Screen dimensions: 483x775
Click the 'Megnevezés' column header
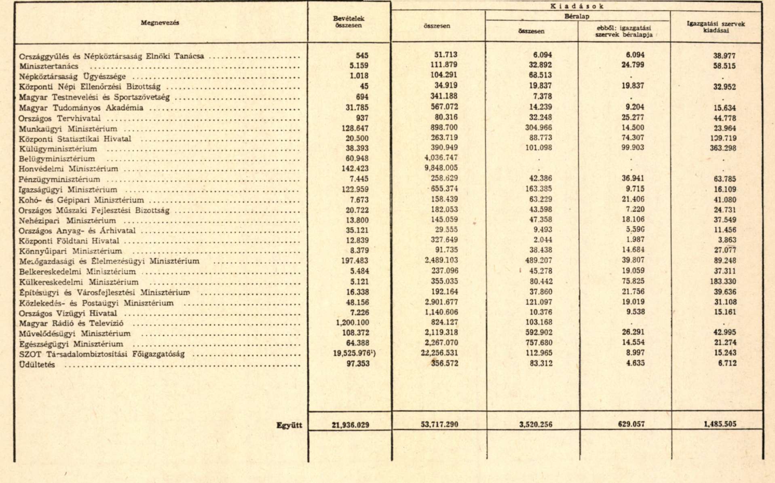click(160, 23)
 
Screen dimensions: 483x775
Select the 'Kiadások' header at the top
click(577, 6)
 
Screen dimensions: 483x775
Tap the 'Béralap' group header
click(577, 17)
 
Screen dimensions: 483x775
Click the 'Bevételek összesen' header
click(348, 22)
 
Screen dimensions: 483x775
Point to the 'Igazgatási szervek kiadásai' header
click(716, 27)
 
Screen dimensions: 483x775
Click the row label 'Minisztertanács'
click(49, 66)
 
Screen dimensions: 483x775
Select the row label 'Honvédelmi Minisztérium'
click(68, 169)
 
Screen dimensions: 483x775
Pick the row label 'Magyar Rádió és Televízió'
click(71, 323)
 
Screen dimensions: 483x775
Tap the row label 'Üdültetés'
click(37, 365)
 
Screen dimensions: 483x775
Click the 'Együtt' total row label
click(289, 425)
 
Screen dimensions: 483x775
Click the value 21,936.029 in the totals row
click(350, 425)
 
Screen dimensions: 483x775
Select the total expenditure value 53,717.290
click(439, 424)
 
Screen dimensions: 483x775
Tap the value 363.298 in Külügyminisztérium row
click(724, 148)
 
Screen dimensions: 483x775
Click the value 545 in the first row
click(362, 55)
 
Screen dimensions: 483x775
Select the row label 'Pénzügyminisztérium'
click(59, 179)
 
